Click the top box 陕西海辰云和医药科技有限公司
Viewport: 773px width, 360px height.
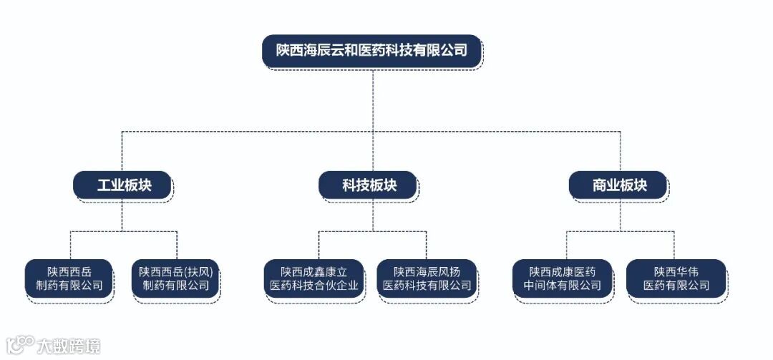(372, 51)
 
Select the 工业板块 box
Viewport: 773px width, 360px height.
(122, 185)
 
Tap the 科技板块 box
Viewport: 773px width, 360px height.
(369, 185)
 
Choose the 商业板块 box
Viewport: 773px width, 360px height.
(619, 185)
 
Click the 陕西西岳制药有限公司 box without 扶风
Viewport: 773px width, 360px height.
(69, 278)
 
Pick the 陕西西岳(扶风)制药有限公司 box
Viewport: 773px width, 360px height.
(175, 278)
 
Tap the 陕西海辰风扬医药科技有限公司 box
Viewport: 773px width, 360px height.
(427, 278)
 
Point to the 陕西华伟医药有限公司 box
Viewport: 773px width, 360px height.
(676, 278)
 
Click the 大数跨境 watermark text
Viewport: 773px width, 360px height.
(69, 346)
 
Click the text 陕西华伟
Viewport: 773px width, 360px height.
(676, 272)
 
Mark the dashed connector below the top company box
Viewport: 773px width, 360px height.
(372, 100)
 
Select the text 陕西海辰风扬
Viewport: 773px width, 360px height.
(427, 272)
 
